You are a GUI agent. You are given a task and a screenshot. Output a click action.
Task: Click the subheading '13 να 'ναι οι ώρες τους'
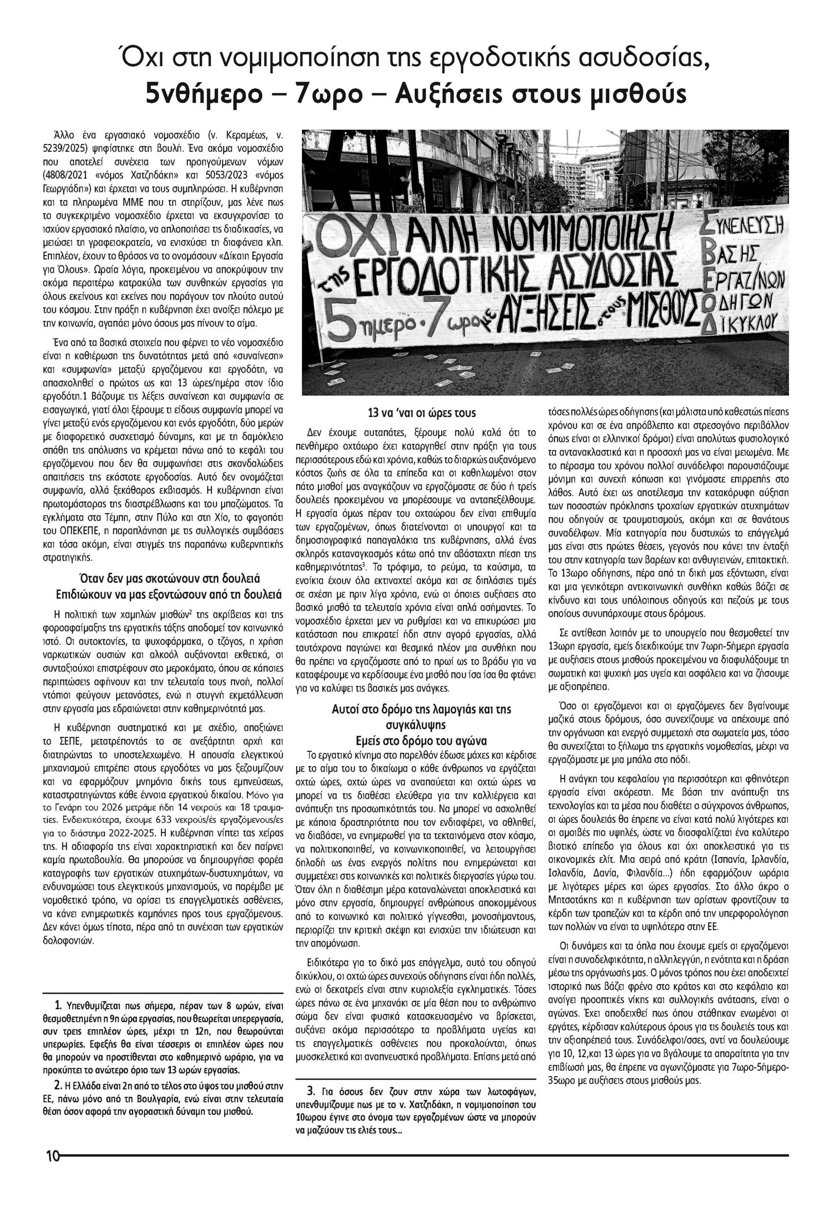(x=419, y=413)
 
